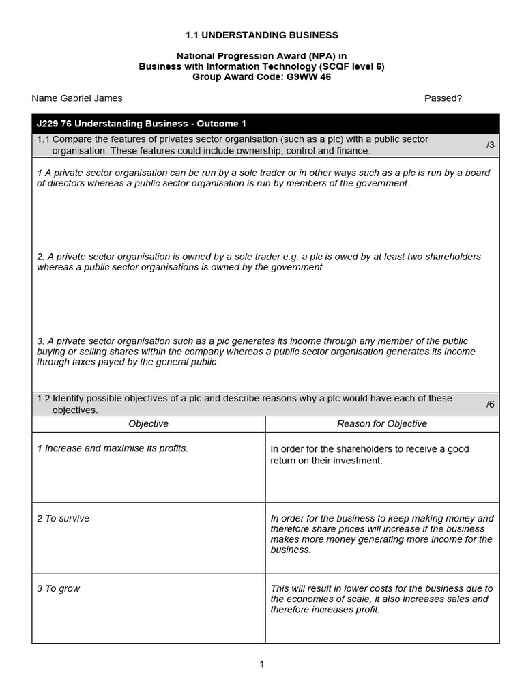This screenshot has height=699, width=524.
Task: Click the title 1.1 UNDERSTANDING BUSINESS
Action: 262,35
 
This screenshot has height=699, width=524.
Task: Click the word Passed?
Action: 443,98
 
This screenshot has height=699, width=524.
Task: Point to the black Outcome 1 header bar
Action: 265,124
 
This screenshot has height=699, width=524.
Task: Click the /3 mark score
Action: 490,145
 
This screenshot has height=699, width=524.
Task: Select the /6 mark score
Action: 490,404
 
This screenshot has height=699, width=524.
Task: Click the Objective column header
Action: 148,424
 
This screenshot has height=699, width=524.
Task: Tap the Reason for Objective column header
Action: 382,424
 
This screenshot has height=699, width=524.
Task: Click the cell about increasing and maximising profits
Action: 113,448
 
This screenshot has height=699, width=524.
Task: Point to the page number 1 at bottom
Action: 262,664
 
